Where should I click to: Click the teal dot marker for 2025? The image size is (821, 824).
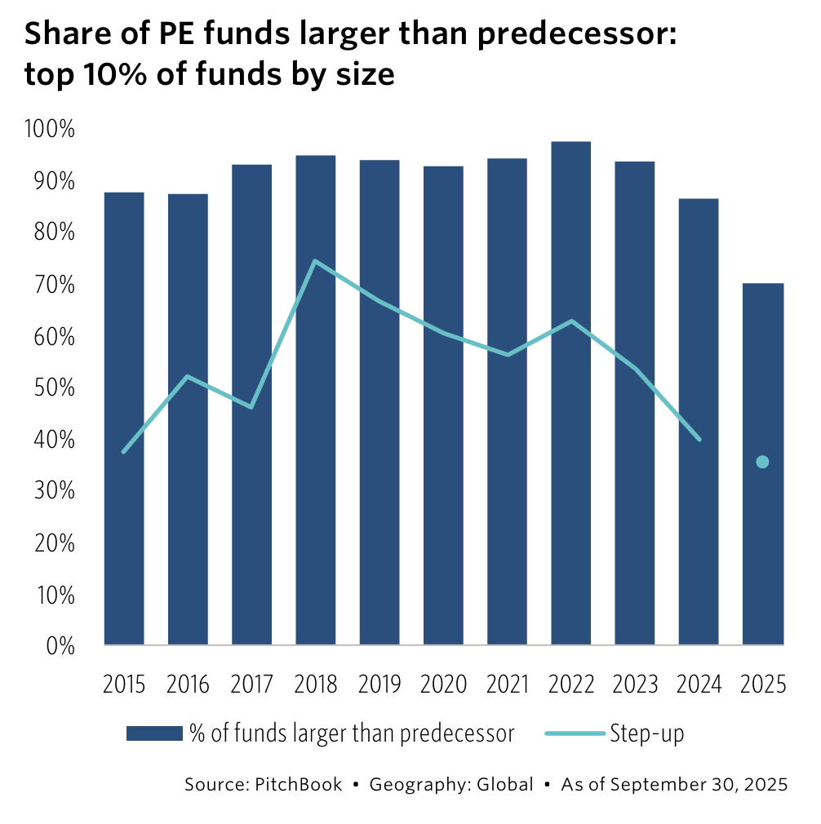(762, 462)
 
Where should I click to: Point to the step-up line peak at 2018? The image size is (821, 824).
(315, 261)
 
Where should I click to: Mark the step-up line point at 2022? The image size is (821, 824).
(571, 321)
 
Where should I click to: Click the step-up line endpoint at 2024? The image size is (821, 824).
(699, 439)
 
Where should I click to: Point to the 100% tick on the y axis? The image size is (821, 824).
(51, 129)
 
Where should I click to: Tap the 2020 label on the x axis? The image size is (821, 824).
(443, 684)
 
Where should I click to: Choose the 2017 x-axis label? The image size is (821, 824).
(252, 684)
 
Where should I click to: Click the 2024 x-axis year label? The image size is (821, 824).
(699, 684)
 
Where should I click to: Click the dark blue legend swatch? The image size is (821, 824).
(153, 733)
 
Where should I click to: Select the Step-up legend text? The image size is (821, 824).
(646, 733)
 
